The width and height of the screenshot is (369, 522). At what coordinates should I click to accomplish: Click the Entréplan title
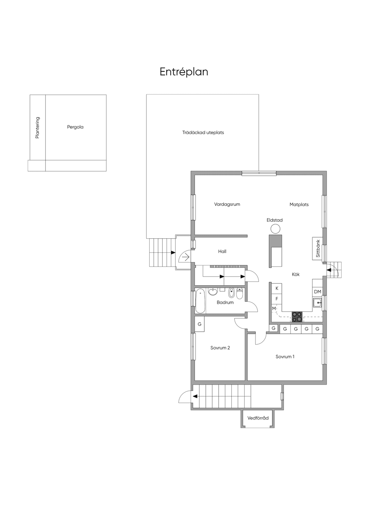click(184, 72)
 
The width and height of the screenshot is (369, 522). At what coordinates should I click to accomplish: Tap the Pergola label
click(75, 127)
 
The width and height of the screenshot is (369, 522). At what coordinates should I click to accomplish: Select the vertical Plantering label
click(37, 128)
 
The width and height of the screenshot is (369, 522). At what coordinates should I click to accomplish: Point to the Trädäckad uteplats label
click(203, 133)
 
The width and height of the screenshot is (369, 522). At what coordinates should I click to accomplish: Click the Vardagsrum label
click(227, 204)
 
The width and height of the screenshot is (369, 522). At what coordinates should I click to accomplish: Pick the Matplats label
click(299, 205)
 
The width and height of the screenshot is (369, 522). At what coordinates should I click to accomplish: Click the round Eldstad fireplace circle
click(275, 229)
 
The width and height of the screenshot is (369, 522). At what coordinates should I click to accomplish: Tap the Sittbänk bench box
click(317, 249)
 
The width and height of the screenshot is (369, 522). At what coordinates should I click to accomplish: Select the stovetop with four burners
click(297, 317)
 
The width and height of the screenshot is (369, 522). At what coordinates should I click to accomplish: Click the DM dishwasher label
click(317, 292)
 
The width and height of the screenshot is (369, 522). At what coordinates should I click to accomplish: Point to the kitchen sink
click(317, 303)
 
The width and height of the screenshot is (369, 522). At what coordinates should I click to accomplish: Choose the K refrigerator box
click(277, 288)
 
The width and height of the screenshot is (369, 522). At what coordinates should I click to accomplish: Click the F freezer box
click(277, 299)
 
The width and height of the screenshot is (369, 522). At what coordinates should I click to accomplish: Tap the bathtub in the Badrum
click(200, 301)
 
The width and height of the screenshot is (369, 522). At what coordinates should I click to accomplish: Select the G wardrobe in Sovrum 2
click(200, 324)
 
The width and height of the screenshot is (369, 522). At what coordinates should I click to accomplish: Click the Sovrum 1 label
click(285, 357)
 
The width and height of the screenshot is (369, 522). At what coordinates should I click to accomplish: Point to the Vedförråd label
click(258, 418)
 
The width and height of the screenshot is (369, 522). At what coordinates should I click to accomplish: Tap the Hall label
click(222, 251)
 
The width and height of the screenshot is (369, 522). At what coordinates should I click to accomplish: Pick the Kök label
click(296, 274)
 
